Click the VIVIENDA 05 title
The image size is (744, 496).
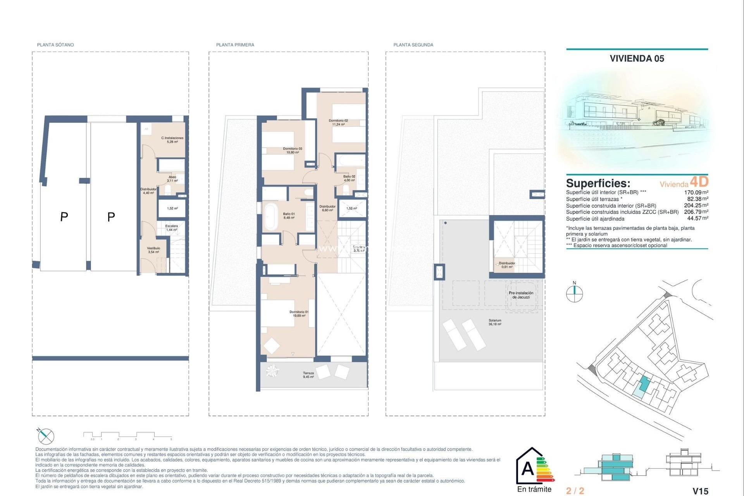click(x=637, y=59)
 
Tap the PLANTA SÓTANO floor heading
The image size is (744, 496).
click(x=55, y=45)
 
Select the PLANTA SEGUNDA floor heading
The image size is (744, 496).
click(x=413, y=45)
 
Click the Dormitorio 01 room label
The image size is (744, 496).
click(x=299, y=313)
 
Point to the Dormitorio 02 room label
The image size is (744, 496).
click(x=338, y=122)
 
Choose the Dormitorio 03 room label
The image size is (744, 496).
click(x=292, y=150)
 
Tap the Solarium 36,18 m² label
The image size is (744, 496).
click(x=495, y=322)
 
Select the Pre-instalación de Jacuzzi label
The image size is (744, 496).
click(x=521, y=295)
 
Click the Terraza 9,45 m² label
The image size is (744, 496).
click(x=308, y=375)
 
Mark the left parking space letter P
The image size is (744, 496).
click(x=64, y=217)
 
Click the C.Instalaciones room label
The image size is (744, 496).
click(x=172, y=139)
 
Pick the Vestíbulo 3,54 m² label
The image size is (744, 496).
click(x=153, y=250)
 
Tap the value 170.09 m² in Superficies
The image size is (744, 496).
click(x=696, y=192)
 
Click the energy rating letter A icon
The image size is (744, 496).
click(x=528, y=469)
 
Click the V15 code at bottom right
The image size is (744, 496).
click(x=700, y=491)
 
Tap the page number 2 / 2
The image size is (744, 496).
click(x=575, y=491)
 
